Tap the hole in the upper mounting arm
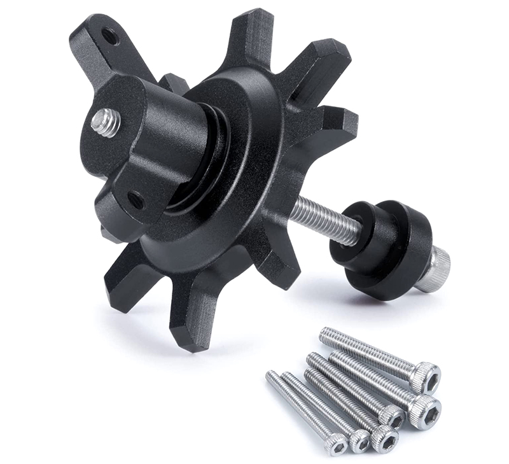point(110,36)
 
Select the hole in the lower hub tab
point(136,200)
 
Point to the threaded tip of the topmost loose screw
point(326,334)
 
